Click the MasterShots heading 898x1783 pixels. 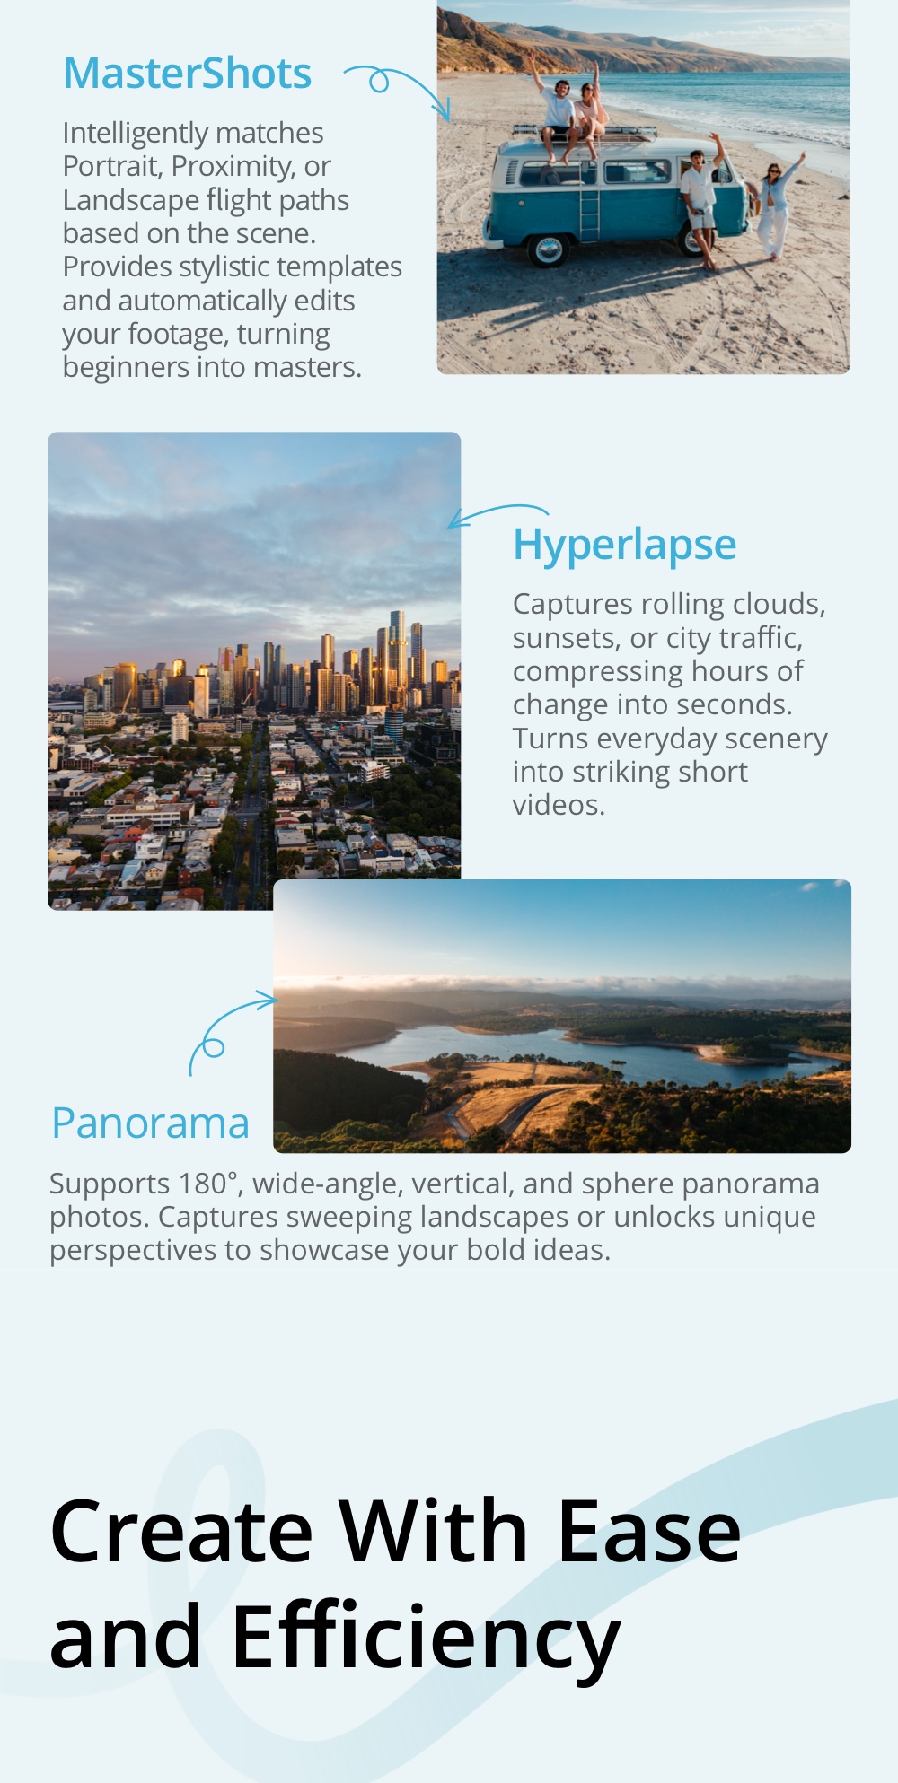(188, 74)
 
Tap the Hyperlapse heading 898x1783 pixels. (624, 546)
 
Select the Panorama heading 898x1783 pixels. (150, 1123)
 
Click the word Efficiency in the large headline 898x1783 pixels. (426, 1639)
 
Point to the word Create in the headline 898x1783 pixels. (181, 1533)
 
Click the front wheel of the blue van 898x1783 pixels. (548, 249)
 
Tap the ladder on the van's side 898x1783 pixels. (589, 203)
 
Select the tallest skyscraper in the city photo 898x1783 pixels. (396, 655)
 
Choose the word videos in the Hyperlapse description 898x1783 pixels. (559, 805)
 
